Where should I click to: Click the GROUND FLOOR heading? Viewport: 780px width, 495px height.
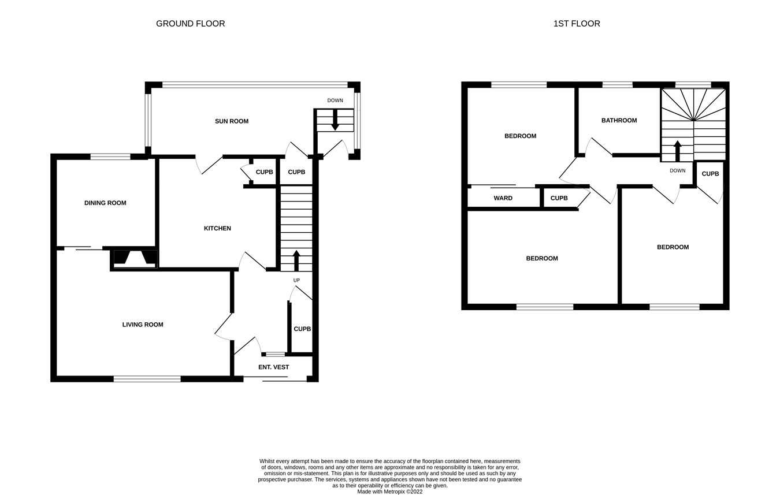coord(190,24)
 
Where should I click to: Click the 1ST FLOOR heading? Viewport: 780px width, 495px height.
coord(576,24)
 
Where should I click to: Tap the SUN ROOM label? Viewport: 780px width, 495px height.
coord(231,121)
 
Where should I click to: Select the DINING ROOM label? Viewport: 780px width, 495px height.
coord(105,203)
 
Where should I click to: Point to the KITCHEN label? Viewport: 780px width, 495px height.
coord(217,228)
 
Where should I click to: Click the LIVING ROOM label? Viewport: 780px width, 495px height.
coord(143,325)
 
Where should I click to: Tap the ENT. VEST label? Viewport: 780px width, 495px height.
coord(273,367)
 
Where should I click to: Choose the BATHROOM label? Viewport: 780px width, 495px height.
coord(619,120)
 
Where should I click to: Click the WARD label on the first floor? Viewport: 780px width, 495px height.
coord(503,198)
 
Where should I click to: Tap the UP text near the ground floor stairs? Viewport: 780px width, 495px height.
coord(296,281)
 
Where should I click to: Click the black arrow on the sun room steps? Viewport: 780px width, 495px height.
coord(335,120)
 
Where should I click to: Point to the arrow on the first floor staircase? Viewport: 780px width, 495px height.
coord(677,150)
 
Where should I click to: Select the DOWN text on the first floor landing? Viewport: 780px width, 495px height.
coord(677,170)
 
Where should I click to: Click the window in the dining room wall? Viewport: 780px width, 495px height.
coord(110,157)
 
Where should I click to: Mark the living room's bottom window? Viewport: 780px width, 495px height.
coord(147,379)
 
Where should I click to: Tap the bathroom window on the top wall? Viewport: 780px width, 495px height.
coord(617,85)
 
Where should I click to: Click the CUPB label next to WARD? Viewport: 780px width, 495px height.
coord(559,198)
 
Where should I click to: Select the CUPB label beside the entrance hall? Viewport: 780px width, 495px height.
coord(302,329)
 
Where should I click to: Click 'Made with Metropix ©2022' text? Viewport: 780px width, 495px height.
coord(389,492)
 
